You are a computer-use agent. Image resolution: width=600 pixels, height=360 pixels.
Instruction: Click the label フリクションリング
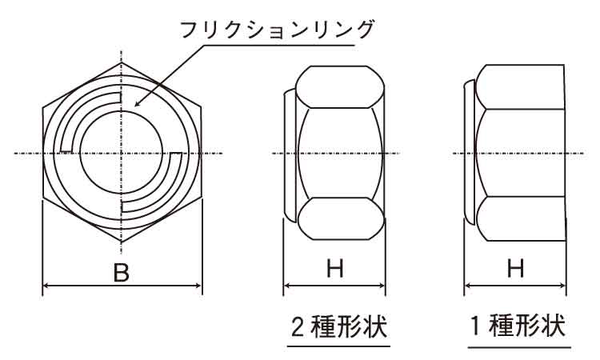276,30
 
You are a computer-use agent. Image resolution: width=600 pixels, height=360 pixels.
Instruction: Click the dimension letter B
122,272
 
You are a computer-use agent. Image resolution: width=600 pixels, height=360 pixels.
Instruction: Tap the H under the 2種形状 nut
335,268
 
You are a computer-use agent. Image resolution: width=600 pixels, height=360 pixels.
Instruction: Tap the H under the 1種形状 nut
515,268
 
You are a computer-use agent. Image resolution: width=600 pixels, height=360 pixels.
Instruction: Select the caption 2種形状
339,326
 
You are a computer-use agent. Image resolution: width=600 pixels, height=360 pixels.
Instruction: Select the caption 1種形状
518,326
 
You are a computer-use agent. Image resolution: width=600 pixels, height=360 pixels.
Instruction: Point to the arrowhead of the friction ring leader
138,102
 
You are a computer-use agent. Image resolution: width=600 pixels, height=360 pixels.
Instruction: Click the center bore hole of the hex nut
122,154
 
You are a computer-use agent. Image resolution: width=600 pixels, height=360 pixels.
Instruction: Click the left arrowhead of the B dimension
46,286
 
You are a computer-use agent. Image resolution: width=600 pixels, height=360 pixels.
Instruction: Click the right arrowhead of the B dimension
198,286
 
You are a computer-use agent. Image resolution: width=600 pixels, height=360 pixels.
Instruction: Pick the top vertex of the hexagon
122,62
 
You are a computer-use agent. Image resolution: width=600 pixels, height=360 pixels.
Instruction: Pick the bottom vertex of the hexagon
122,242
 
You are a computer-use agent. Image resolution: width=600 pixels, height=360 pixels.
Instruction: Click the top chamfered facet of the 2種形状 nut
340,87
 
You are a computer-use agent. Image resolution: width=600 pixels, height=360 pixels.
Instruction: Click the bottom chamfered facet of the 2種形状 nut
340,219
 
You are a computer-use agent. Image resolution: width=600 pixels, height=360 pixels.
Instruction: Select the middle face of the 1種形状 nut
521,153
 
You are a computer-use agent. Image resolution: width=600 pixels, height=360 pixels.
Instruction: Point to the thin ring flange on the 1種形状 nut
469,152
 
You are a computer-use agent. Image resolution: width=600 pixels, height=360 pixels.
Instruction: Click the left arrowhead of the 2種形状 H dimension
287,286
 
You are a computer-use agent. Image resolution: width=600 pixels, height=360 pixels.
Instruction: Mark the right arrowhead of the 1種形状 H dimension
562,286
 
